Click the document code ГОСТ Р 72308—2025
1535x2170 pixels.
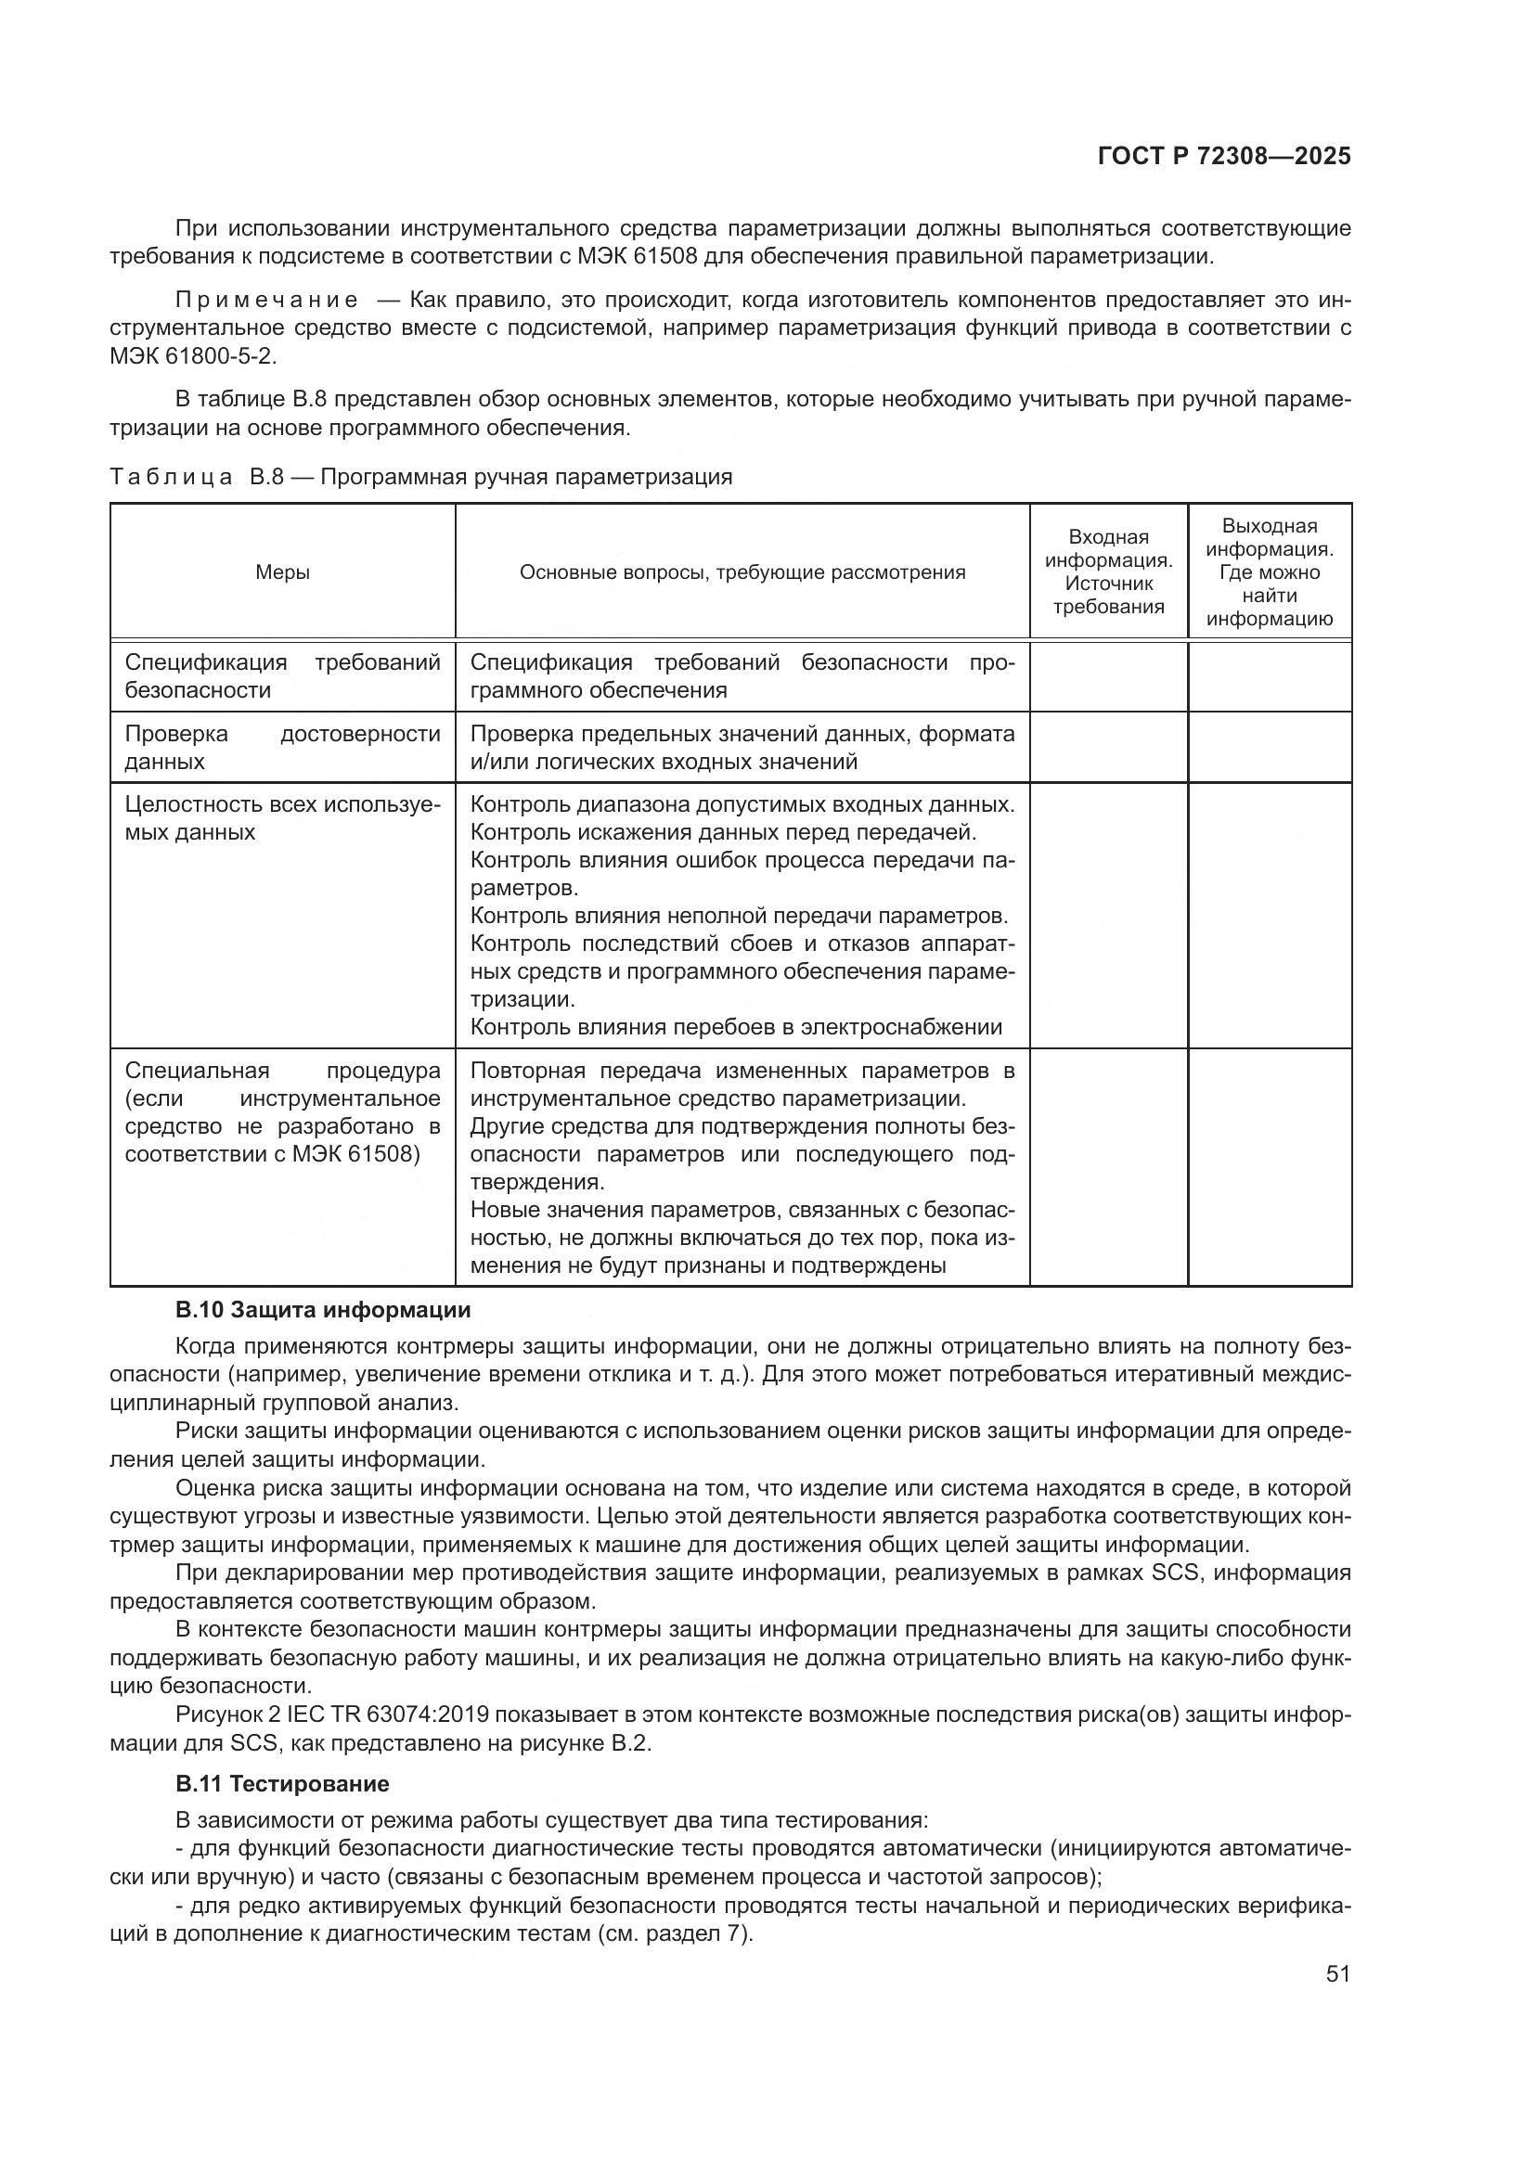pos(1224,157)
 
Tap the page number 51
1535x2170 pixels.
pos(1337,1973)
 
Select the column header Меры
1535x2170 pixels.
pos(283,571)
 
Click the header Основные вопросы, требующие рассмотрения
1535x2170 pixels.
pos(742,571)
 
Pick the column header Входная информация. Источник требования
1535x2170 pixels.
pos(1108,571)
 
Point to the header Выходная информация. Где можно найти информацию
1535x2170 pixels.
pos(1269,571)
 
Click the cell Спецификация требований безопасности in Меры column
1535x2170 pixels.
pos(283,675)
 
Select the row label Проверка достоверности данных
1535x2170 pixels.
pos(283,747)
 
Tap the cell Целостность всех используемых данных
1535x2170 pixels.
pos(283,818)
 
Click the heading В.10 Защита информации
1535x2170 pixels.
pos(322,1310)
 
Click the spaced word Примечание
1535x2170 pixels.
pos(266,301)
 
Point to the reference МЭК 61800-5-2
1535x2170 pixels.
pos(193,356)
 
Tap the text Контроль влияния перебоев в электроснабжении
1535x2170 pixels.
pos(735,1026)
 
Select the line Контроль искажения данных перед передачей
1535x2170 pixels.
pos(723,831)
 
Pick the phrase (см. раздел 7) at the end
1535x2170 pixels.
pos(674,1932)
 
